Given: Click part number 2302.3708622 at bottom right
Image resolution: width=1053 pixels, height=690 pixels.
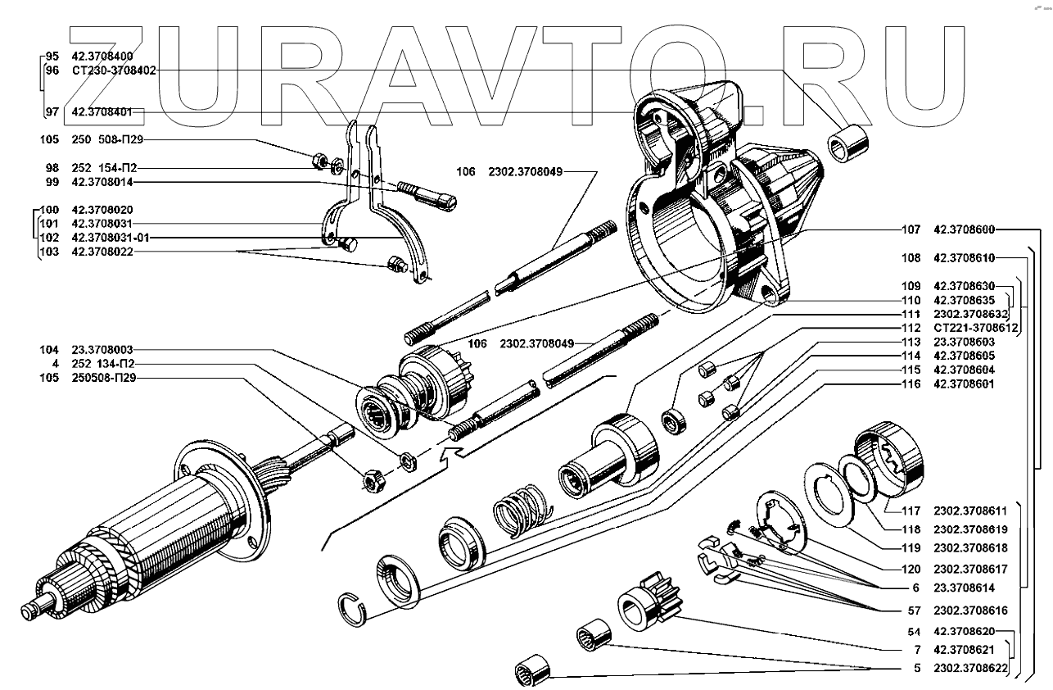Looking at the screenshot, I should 970,668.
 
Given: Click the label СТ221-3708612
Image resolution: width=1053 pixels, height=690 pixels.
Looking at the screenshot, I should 972,327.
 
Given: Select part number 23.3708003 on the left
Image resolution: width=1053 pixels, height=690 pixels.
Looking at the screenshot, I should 102,349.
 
